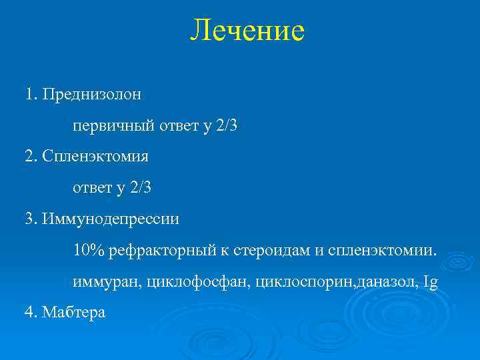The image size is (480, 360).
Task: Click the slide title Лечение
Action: coord(247,31)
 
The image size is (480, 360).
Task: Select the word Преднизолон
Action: coord(91,94)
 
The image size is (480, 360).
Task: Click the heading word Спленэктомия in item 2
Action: coord(95,157)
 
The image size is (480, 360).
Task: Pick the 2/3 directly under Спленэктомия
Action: coord(141,188)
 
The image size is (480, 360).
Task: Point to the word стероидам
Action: coord(270,251)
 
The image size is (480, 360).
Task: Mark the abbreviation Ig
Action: coord(431,283)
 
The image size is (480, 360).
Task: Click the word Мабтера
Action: coord(74,313)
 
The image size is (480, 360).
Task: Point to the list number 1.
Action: coord(30,94)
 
